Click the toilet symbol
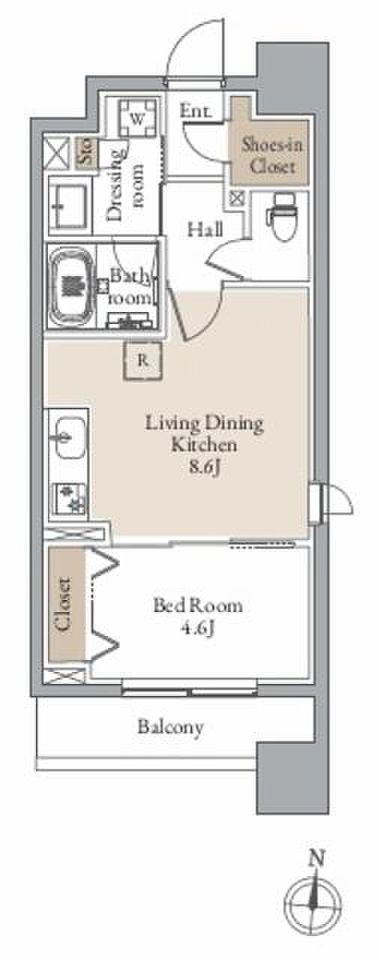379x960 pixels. [x=281, y=217]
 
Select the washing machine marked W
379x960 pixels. [x=137, y=118]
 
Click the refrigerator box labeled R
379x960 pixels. [x=143, y=361]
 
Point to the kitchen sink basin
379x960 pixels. [x=68, y=438]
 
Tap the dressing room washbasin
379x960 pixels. [x=68, y=205]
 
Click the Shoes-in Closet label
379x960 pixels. [x=272, y=155]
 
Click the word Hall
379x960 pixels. [x=205, y=229]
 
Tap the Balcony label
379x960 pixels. [x=170, y=727]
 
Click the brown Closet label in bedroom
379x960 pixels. [x=64, y=604]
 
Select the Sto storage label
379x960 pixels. [x=86, y=152]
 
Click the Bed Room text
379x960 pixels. [x=198, y=605]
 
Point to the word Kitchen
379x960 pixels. [x=204, y=445]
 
